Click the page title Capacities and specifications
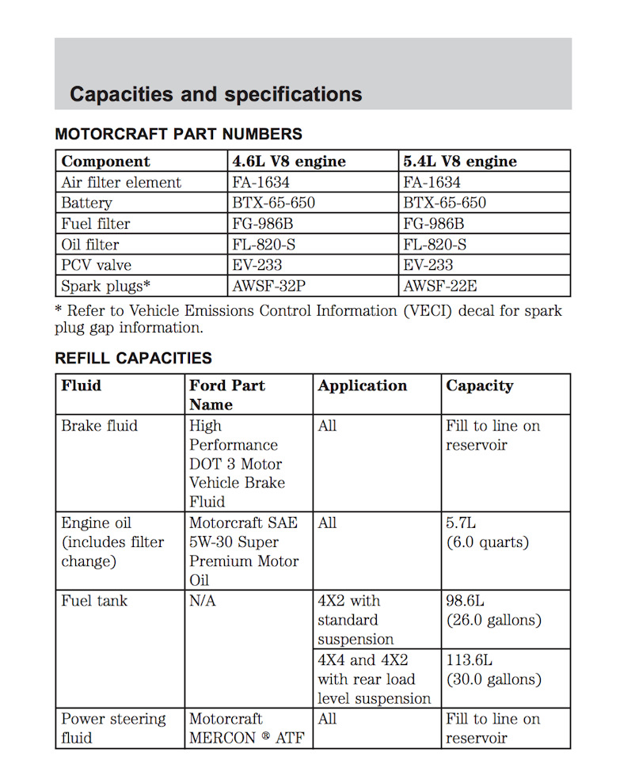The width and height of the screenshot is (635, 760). pyautogui.click(x=215, y=94)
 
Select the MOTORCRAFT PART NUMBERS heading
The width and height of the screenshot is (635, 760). pyautogui.click(x=178, y=135)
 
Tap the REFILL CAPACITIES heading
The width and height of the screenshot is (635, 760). pyautogui.click(x=133, y=358)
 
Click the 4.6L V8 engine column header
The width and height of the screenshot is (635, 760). pyautogui.click(x=289, y=161)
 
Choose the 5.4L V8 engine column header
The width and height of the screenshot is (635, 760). pyautogui.click(x=460, y=161)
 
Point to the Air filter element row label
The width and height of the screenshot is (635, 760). pyautogui.click(x=121, y=182)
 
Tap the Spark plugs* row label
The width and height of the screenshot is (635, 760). pyautogui.click(x=106, y=286)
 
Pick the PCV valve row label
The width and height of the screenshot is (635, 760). pyautogui.click(x=97, y=265)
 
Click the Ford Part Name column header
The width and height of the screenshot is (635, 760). pyautogui.click(x=226, y=394)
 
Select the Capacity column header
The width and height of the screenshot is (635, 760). pyautogui.click(x=480, y=386)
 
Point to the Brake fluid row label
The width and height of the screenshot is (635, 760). pyautogui.click(x=100, y=426)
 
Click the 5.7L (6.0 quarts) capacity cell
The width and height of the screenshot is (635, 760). pyautogui.click(x=487, y=533)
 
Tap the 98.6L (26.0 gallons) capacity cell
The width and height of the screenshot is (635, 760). pyautogui.click(x=493, y=610)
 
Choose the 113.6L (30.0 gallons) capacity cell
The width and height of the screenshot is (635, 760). pyautogui.click(x=493, y=670)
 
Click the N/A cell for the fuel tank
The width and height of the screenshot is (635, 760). pyautogui.click(x=202, y=601)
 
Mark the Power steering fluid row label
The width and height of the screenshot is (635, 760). pyautogui.click(x=113, y=728)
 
